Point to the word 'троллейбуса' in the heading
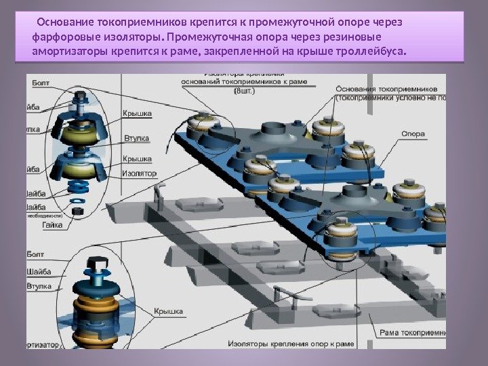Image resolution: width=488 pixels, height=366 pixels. point(370,51)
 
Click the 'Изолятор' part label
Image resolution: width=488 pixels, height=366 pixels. point(139,174)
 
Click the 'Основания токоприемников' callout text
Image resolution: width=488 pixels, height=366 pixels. point(391,89)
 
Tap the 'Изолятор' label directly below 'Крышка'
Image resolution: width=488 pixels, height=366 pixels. point(139,174)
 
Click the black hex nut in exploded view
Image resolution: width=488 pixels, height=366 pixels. point(76,211)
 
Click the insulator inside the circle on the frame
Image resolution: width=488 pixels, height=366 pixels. point(340,234)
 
